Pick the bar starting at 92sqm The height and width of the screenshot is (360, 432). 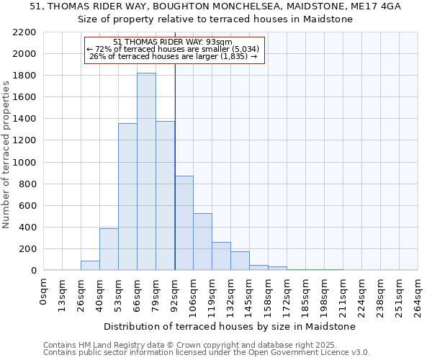(184, 223)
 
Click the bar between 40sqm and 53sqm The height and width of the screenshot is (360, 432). (109, 249)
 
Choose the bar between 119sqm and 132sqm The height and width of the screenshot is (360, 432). (221, 256)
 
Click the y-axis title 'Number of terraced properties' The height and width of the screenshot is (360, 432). (6, 155)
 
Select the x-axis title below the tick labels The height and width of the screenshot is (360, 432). (230, 327)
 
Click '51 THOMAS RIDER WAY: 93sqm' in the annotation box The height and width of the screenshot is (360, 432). (173, 42)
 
